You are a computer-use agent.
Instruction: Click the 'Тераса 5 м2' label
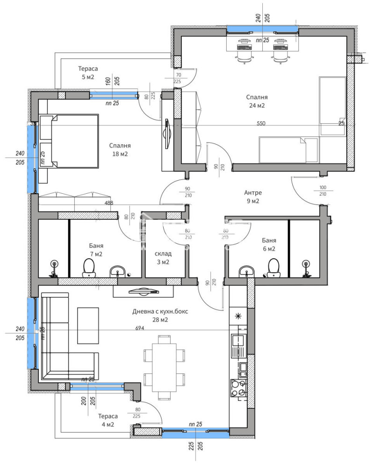tap(88, 73)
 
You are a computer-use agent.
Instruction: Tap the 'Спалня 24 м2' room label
tap(257, 101)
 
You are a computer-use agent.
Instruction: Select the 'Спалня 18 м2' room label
tap(120, 149)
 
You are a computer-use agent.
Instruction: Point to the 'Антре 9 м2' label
tap(253, 197)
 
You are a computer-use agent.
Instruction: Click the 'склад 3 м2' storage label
tap(163, 258)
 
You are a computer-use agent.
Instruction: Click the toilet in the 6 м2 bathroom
tap(273, 267)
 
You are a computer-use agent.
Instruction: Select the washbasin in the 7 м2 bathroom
tap(117, 271)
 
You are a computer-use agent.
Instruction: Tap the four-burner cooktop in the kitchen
tap(239, 388)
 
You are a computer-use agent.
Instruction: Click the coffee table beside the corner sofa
tap(88, 325)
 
